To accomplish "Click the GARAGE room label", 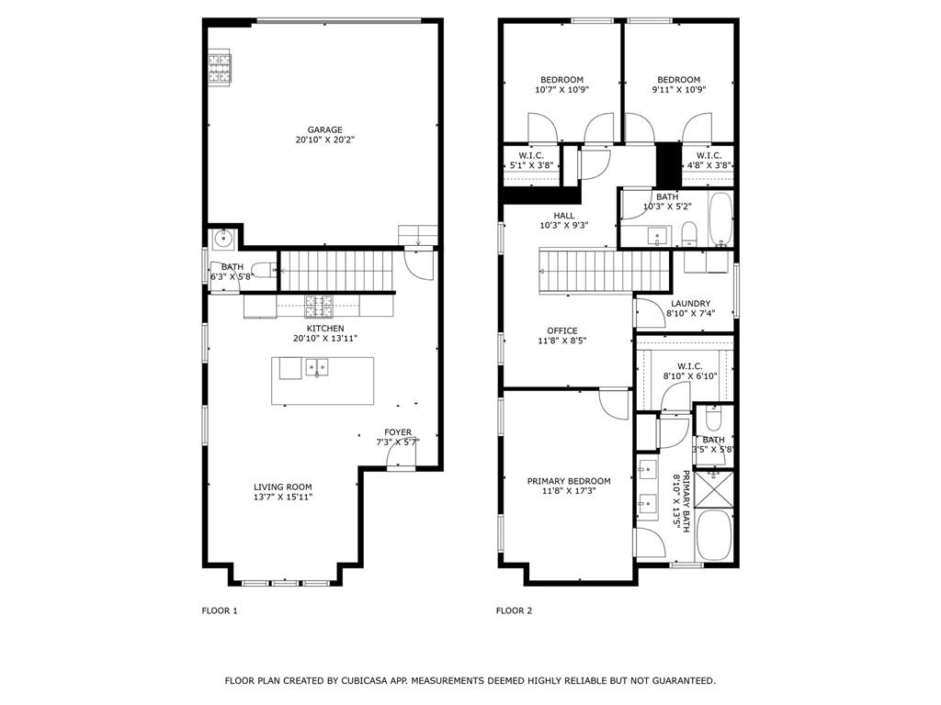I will point(324,129).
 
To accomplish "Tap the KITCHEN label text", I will point(325,328).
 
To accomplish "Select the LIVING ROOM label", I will point(283,487).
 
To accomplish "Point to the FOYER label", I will point(398,431).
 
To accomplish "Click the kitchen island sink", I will point(318,368).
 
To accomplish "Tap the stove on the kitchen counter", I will point(319,305).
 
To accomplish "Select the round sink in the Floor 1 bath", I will point(222,238).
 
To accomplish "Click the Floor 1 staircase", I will point(334,268).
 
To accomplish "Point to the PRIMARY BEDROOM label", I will point(568,481).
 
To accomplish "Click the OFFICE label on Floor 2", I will point(562,330).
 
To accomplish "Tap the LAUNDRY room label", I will point(690,303).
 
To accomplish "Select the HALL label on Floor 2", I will point(564,216).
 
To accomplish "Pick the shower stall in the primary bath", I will point(713,487).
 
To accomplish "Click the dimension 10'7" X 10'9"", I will point(561,90).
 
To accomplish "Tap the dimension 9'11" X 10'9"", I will point(678,90).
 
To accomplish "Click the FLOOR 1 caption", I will point(220,610).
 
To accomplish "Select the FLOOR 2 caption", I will point(514,610).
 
